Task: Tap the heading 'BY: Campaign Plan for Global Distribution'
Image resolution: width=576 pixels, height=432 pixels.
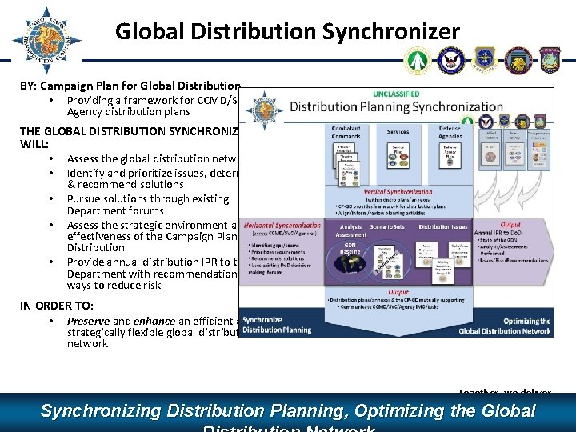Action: [x=130, y=86]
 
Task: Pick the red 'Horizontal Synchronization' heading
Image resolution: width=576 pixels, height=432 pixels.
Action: [x=282, y=226]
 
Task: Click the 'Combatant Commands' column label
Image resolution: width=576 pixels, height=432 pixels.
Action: [x=346, y=132]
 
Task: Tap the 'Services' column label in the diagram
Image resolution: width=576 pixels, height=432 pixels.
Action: [x=398, y=132]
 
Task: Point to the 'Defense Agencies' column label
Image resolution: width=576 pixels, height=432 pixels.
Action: [x=450, y=132]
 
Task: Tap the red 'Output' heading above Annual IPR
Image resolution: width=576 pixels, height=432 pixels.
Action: [x=510, y=225]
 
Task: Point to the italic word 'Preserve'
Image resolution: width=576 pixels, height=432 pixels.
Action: [x=88, y=321]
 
